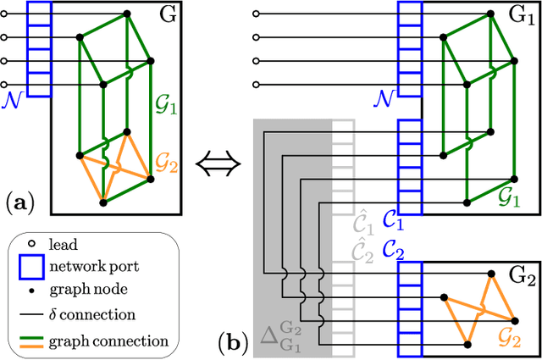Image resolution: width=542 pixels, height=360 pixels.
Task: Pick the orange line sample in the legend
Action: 30,344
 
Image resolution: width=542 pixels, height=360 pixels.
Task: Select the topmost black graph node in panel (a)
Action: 128,14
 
